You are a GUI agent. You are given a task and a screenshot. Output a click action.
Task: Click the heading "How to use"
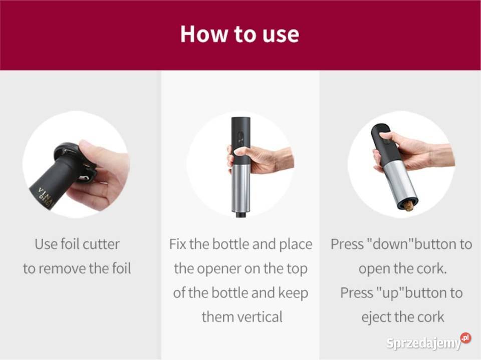click(x=239, y=34)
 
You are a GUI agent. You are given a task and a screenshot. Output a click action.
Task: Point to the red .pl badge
click(x=465, y=338)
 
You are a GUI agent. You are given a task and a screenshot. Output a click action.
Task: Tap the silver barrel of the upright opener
click(x=241, y=189)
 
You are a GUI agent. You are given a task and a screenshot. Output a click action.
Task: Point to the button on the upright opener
click(x=241, y=138)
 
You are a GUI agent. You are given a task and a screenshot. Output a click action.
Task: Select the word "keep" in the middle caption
click(x=293, y=293)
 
